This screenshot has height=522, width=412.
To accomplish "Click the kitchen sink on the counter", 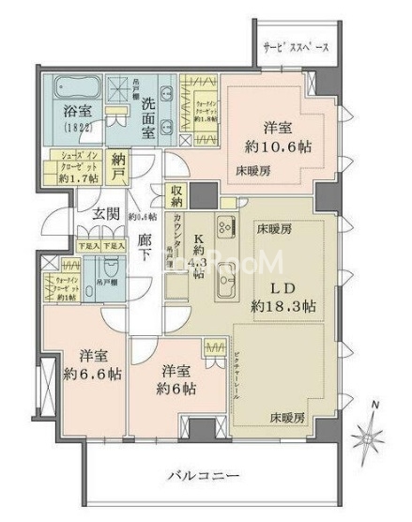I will coord(226,278).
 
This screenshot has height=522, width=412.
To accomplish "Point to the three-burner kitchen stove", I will coord(225,227).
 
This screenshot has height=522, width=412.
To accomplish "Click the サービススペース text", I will coord(295,45).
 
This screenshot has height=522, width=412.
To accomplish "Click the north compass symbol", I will coord(369,432).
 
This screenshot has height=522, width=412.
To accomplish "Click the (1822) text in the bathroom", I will coord(71,127).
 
